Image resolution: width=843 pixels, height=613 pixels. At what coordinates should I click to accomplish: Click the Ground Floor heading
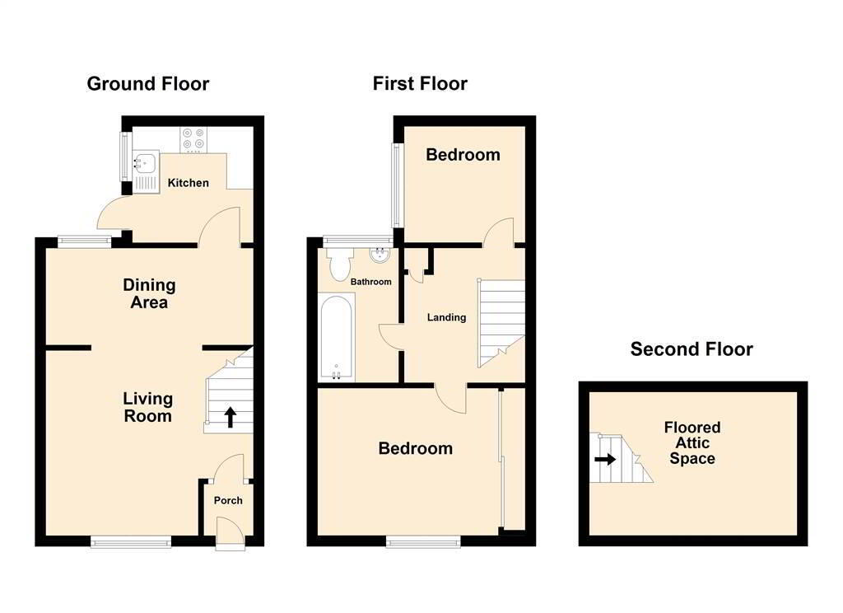148,84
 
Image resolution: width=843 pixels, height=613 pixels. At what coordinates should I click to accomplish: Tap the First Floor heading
420,84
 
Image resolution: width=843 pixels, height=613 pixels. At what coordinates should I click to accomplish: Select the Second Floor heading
692,349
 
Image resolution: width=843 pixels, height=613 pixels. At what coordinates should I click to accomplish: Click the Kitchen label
189,183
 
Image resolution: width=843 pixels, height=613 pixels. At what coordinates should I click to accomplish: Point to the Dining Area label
149,294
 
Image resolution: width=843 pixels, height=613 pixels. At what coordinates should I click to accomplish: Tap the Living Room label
148,407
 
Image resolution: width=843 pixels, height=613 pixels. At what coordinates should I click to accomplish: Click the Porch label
228,500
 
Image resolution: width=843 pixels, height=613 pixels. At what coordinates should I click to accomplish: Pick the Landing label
446,317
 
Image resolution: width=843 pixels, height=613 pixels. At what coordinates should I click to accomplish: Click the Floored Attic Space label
692,442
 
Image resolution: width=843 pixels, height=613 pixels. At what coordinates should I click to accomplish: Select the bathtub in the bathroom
337,338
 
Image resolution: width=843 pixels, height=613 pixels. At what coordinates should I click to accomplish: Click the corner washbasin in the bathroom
380,256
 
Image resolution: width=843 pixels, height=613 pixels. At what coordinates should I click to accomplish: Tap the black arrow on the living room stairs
230,417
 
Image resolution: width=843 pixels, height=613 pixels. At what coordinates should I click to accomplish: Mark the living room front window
131,541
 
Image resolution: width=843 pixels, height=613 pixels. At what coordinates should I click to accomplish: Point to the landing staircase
501,321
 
